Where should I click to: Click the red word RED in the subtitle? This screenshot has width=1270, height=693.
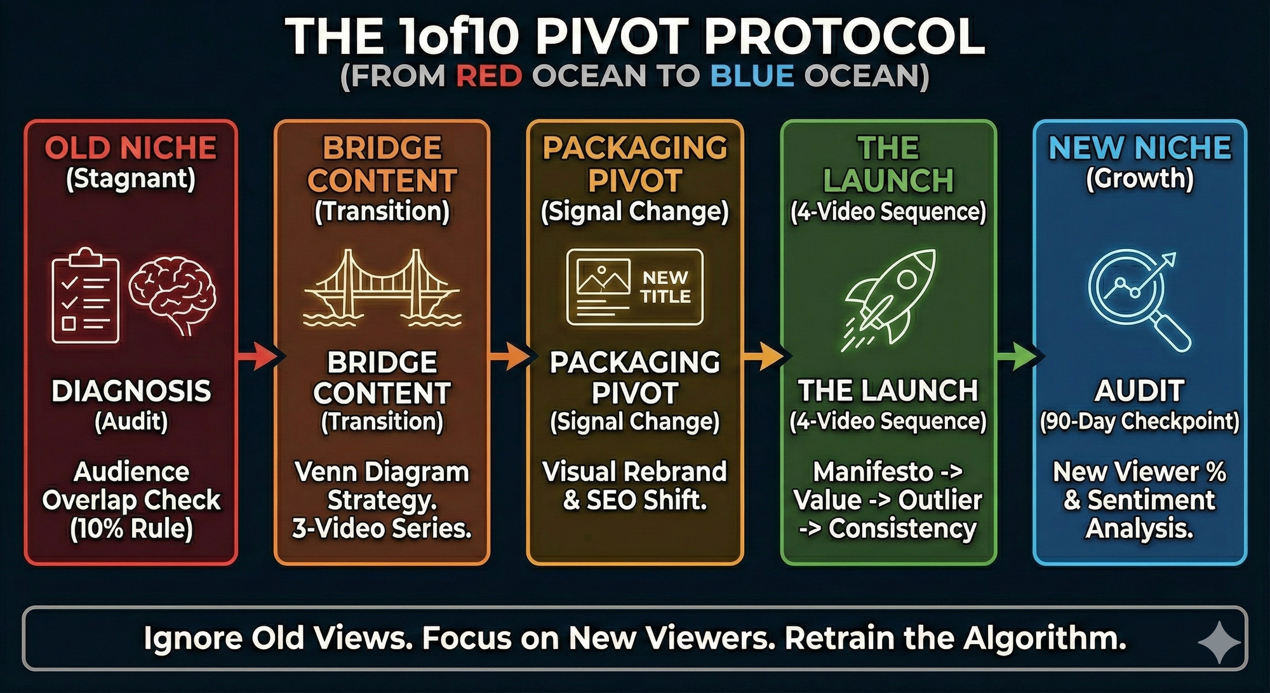pos(489,76)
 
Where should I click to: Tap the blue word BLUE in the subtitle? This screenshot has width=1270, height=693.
pos(752,76)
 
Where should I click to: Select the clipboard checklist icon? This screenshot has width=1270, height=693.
pos(85,295)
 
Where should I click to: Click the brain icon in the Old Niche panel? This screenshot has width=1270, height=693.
pos(173,295)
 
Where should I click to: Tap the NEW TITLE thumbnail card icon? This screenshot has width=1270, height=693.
pos(635,287)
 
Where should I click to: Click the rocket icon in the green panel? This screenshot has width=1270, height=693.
pos(889,299)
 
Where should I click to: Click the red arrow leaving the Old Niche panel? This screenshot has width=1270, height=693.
pos(257,355)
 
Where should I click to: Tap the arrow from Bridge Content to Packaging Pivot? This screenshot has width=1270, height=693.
pos(509,355)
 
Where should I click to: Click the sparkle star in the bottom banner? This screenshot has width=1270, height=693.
pos(1219,643)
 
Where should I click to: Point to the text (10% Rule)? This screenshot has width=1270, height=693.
pos(131,528)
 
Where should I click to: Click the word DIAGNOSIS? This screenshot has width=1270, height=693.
pos(131,391)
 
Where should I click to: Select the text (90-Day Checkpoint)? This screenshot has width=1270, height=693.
pos(1140,421)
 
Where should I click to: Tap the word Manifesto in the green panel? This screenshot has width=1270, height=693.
pos(873,471)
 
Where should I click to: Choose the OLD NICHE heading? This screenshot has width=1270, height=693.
pos(131,148)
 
